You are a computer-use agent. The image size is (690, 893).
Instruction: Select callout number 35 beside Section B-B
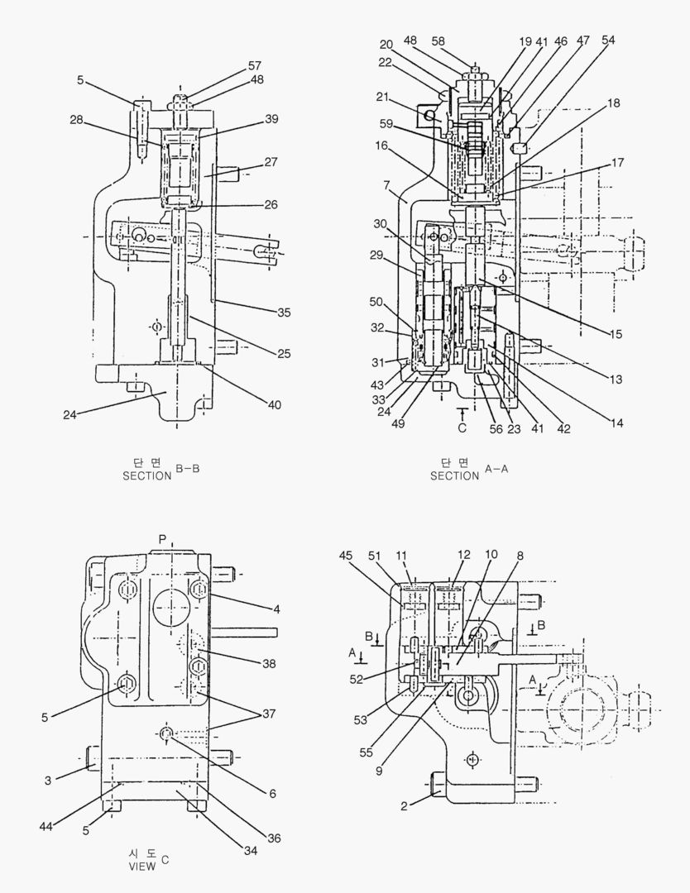[x=284, y=312]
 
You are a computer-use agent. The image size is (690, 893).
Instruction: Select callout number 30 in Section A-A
[x=380, y=223]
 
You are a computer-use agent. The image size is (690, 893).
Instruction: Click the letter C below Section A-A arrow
[x=462, y=427]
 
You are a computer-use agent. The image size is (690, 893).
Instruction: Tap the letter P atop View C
[x=162, y=538]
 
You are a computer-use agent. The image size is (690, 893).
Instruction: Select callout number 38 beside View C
[x=270, y=663]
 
